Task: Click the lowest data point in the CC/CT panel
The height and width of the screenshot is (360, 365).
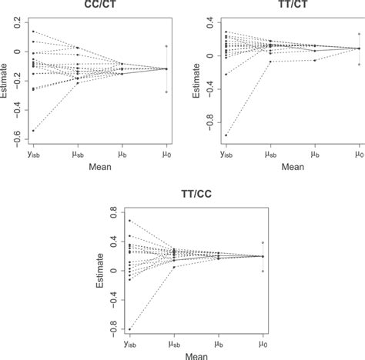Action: pyautogui.click(x=33, y=131)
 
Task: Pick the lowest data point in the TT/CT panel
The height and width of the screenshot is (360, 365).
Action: pyautogui.click(x=226, y=135)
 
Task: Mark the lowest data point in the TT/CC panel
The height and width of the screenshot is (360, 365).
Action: pyautogui.click(x=129, y=329)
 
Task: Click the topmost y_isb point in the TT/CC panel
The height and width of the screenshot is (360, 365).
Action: pyautogui.click(x=129, y=221)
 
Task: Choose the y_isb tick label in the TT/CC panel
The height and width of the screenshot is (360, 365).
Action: pyautogui.click(x=129, y=345)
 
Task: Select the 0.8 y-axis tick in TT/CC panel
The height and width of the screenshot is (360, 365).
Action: pyautogui.click(x=112, y=211)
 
